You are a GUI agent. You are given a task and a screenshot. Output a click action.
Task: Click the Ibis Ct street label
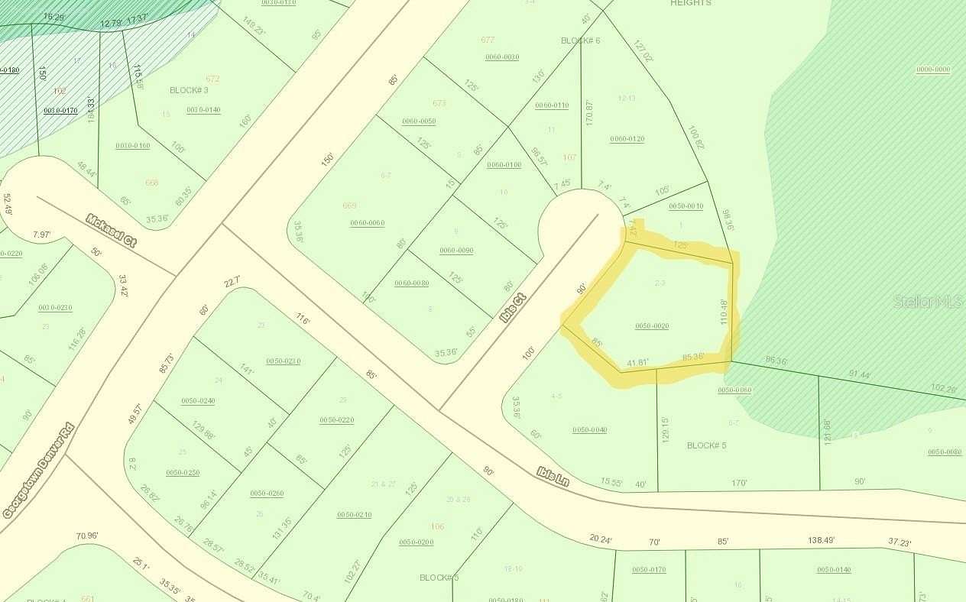[x=511, y=307]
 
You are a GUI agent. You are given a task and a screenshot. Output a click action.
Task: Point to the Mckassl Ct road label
[x=112, y=231]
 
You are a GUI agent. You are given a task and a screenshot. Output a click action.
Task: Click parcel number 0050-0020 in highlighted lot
[x=652, y=326]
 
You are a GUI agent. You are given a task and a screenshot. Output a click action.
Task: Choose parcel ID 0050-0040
[x=589, y=429]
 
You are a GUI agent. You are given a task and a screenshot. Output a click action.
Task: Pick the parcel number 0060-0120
[x=627, y=139]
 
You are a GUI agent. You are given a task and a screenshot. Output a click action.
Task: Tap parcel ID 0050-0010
[x=686, y=206]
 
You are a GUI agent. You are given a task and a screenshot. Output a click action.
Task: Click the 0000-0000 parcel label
[x=932, y=70]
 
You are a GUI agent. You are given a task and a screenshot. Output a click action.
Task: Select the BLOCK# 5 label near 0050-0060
[x=706, y=445]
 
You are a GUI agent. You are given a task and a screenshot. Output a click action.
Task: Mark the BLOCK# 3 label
[x=189, y=90]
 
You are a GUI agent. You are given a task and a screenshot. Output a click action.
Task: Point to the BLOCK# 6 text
[x=581, y=40]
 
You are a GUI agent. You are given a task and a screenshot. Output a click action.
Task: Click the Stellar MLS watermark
[x=929, y=302]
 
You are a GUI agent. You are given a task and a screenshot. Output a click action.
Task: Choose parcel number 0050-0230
[x=283, y=361]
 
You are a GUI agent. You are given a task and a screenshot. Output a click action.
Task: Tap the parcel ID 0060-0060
[x=367, y=223]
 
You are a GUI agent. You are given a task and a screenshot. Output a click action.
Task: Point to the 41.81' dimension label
[x=637, y=363]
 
